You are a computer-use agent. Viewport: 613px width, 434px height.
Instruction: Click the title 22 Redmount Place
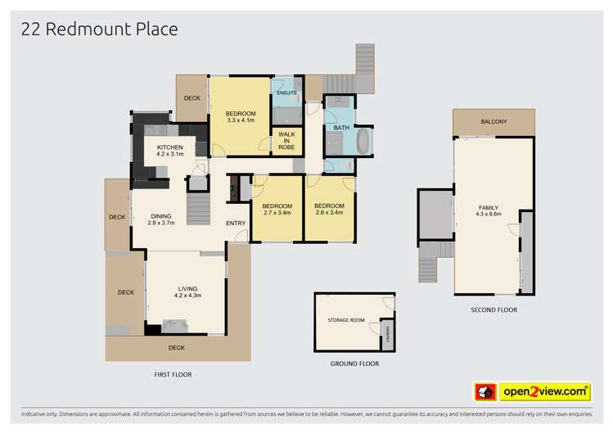point(99,29)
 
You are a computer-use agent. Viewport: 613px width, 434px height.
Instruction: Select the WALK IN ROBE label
point(286,140)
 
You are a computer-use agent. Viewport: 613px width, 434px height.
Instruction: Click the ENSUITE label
point(286,93)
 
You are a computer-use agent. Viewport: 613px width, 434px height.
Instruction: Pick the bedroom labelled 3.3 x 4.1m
point(241,116)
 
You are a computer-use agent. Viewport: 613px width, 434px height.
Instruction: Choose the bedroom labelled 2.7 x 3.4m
point(277,210)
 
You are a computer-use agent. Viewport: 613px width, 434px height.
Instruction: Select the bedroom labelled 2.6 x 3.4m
point(329,209)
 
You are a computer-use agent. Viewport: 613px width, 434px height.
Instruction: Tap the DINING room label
point(161,219)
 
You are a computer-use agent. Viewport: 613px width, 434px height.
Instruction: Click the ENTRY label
point(236,224)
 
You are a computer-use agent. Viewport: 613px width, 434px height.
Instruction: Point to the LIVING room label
point(187,291)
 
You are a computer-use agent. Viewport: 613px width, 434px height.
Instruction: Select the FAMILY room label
point(488,210)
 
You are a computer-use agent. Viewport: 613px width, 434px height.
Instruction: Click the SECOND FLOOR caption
point(494,310)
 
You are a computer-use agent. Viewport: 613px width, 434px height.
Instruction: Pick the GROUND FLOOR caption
point(354,364)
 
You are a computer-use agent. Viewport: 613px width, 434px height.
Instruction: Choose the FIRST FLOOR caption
point(172,374)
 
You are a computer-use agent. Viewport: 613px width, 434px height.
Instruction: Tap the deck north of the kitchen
point(192,98)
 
